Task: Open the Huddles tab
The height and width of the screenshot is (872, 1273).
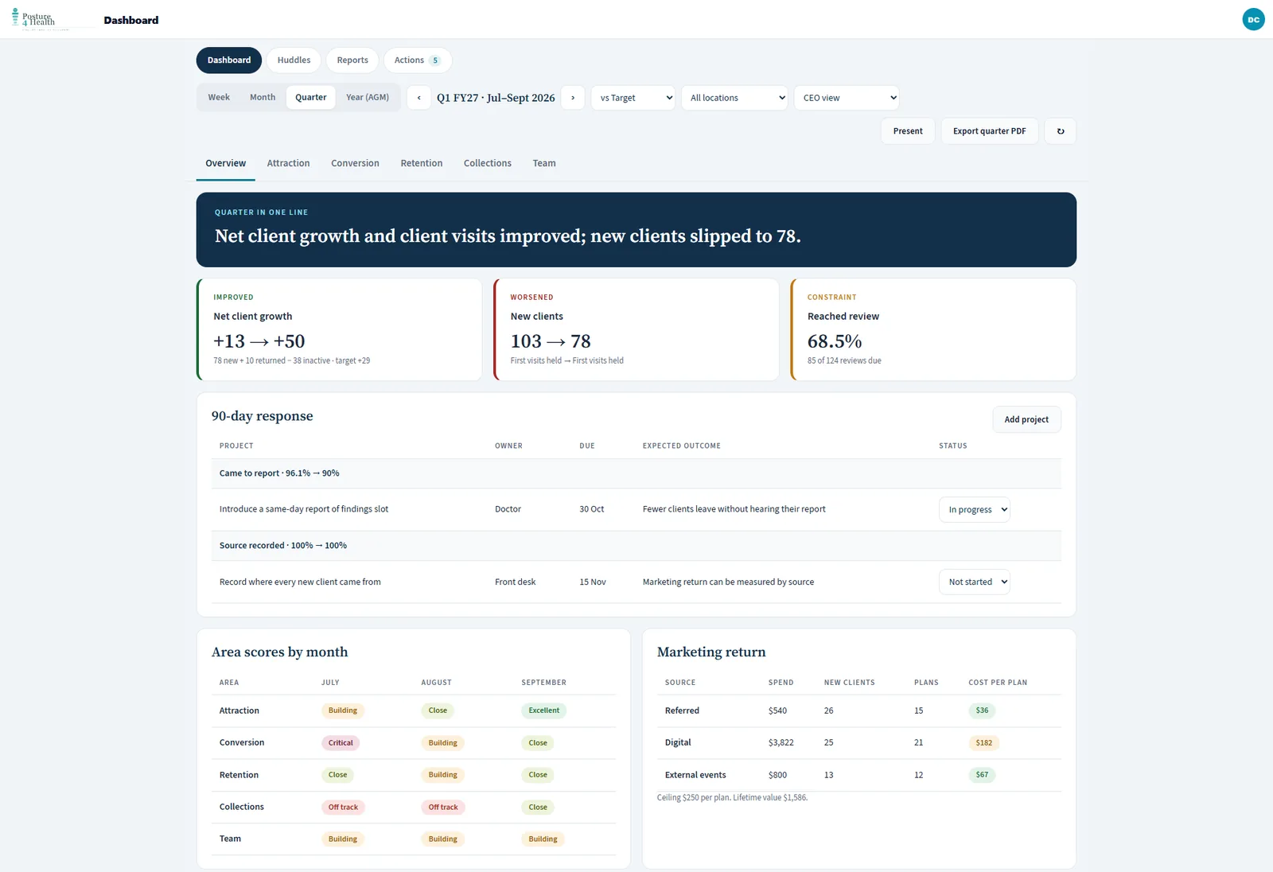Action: pyautogui.click(x=294, y=60)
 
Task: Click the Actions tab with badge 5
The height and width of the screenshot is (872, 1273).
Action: pyautogui.click(x=418, y=60)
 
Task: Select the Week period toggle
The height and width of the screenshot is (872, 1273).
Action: pyautogui.click(x=219, y=97)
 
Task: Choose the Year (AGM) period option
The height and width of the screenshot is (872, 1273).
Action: pyautogui.click(x=368, y=97)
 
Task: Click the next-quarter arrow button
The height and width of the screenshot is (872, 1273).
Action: pyautogui.click(x=573, y=98)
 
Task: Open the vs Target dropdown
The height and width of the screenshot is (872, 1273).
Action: pyautogui.click(x=633, y=98)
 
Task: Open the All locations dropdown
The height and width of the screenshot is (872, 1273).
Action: pyautogui.click(x=734, y=98)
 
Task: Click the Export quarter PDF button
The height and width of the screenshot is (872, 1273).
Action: pyautogui.click(x=990, y=131)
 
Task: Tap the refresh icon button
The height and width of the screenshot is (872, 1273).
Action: pyautogui.click(x=1061, y=131)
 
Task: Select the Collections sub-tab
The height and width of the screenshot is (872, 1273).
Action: pyautogui.click(x=488, y=163)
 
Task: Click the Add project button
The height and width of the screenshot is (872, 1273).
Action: pyautogui.click(x=1026, y=419)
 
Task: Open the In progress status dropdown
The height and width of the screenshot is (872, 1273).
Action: pyautogui.click(x=975, y=509)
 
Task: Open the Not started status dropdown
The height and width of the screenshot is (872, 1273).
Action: pyautogui.click(x=975, y=582)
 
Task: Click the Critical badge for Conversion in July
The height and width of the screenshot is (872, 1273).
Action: pyautogui.click(x=341, y=743)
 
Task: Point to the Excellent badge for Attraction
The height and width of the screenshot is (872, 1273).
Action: pyautogui.click(x=544, y=710)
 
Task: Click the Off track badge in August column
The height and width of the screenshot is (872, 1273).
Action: pyautogui.click(x=442, y=808)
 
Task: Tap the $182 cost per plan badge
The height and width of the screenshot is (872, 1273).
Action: pyautogui.click(x=983, y=743)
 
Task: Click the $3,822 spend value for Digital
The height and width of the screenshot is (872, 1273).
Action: pyautogui.click(x=781, y=742)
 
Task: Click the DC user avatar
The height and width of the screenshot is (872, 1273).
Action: pyautogui.click(x=1253, y=19)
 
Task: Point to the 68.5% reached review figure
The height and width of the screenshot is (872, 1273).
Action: pyautogui.click(x=835, y=341)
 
